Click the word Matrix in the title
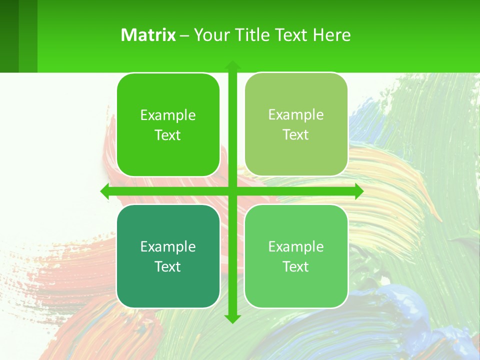[x=148, y=35]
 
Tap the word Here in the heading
[x=331, y=35]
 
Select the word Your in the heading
[x=209, y=35]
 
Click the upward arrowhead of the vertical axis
[x=232, y=65]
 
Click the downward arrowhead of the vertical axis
[x=232, y=318]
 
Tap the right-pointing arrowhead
[x=358, y=191]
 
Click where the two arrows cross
[x=232, y=191]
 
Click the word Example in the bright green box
[x=168, y=115]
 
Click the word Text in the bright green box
[x=168, y=135]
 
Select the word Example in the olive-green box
[x=296, y=115]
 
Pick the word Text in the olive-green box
[x=296, y=135]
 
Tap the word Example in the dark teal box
[x=168, y=247]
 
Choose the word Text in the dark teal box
[x=168, y=267]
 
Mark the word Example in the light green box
[x=296, y=247]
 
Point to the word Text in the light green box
[x=296, y=267]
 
